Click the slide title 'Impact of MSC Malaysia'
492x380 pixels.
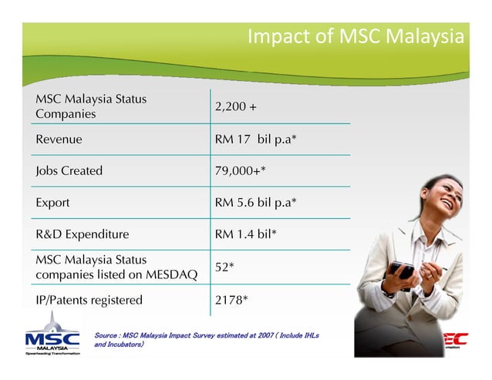click(x=356, y=37)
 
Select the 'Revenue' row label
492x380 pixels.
click(x=59, y=140)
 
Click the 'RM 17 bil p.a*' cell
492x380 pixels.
click(x=256, y=140)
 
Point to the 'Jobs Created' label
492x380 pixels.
click(x=69, y=171)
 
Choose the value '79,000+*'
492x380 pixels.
click(x=241, y=171)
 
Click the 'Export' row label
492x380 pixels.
click(x=52, y=203)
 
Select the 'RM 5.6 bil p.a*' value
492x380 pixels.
click(x=256, y=203)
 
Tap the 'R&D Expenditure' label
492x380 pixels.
click(x=82, y=234)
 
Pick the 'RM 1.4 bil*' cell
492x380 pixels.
click(x=246, y=234)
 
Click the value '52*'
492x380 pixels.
click(x=224, y=267)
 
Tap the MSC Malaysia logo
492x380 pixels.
click(x=52, y=339)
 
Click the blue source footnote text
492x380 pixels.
click(x=205, y=340)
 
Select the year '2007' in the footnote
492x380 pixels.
click(x=268, y=335)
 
